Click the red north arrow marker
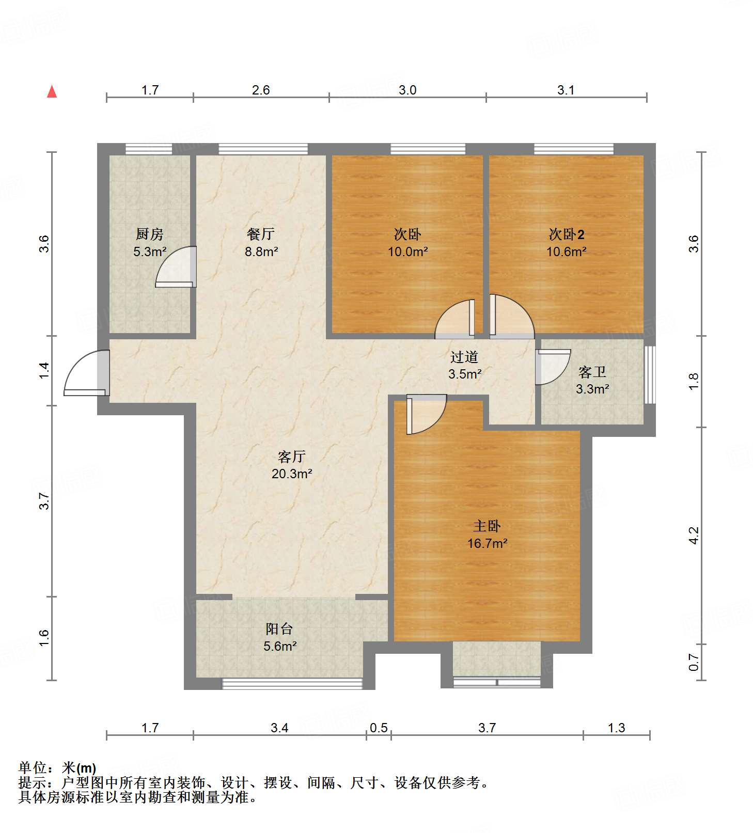pyautogui.click(x=52, y=91)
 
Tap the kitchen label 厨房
pyautogui.click(x=150, y=234)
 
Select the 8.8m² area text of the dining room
pyautogui.click(x=261, y=252)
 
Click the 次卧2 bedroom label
pyautogui.click(x=567, y=234)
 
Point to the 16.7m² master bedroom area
pyautogui.click(x=487, y=543)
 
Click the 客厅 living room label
pyautogui.click(x=292, y=457)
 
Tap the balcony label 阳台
pyautogui.click(x=279, y=628)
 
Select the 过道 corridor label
pyautogui.click(x=464, y=357)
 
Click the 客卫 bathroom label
pyautogui.click(x=592, y=372)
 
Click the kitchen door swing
pyautogui.click(x=176, y=266)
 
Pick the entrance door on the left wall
pyautogui.click(x=87, y=373)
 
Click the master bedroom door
pyautogui.click(x=426, y=414)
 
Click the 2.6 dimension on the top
pyautogui.click(x=261, y=90)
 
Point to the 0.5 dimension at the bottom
pyautogui.click(x=379, y=728)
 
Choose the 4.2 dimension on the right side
pyautogui.click(x=694, y=535)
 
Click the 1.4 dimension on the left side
pyautogui.click(x=45, y=370)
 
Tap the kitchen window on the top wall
pyautogui.click(x=149, y=149)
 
